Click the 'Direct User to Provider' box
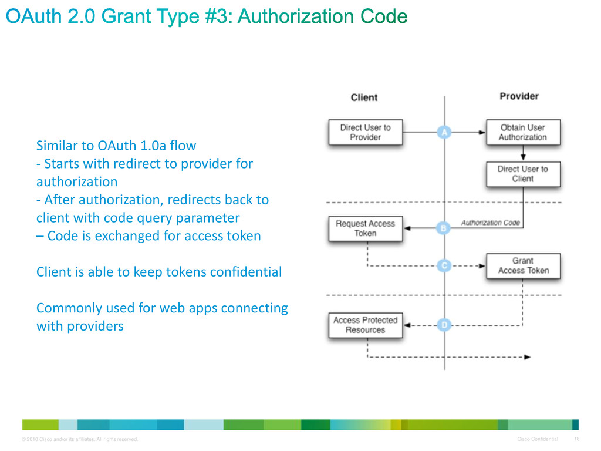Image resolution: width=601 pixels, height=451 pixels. (x=365, y=132)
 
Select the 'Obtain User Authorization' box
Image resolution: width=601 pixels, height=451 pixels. (x=523, y=132)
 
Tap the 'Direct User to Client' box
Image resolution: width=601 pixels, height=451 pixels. (x=523, y=174)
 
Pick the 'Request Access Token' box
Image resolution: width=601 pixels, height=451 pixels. (x=365, y=228)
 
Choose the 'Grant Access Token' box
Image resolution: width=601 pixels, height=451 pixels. (x=523, y=266)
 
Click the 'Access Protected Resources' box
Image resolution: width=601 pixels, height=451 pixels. (x=365, y=325)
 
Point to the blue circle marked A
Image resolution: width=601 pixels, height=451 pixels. (x=444, y=132)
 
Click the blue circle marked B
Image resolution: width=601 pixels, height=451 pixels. (x=444, y=228)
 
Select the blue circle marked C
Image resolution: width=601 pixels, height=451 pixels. (x=444, y=265)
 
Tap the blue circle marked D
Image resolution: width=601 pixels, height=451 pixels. (x=444, y=325)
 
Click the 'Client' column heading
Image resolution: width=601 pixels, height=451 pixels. (x=364, y=97)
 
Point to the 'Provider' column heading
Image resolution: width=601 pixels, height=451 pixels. (x=519, y=96)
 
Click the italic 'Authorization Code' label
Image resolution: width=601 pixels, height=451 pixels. (x=490, y=223)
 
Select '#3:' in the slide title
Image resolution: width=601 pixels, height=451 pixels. (x=219, y=16)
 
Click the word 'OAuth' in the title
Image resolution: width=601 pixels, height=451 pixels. (x=33, y=16)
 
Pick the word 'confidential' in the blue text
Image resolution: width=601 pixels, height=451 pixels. (x=246, y=272)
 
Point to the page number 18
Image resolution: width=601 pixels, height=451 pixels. (x=577, y=439)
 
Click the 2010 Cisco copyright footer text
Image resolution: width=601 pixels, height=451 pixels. (x=80, y=439)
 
